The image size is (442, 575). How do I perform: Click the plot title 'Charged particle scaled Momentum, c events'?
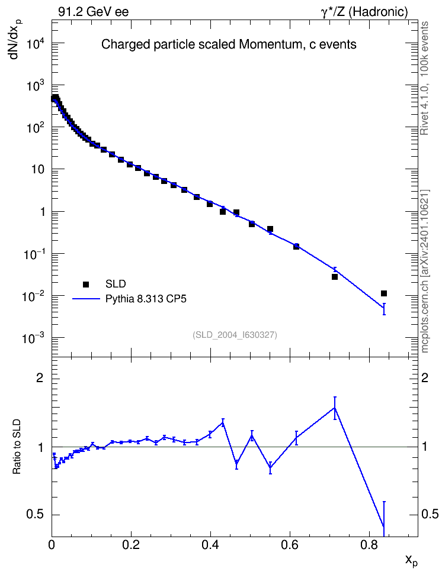229,44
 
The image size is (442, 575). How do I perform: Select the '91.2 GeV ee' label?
94,12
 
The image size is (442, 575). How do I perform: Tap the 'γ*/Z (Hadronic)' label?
364,12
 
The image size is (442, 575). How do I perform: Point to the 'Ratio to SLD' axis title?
17,446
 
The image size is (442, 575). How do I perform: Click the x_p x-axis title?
412,560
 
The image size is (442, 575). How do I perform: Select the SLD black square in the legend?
86,284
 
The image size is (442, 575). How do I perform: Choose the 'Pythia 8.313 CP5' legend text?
146,299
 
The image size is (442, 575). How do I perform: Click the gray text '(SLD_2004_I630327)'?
235,335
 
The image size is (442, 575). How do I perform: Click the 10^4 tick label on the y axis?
36,44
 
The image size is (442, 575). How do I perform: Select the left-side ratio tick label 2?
39,378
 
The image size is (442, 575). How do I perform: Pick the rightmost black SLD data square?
384,293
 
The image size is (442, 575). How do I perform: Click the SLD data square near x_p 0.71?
335,277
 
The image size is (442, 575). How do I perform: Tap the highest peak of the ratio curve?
335,408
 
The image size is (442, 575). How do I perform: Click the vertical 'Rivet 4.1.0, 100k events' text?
424,78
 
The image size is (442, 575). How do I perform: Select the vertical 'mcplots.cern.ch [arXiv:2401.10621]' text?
424,271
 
